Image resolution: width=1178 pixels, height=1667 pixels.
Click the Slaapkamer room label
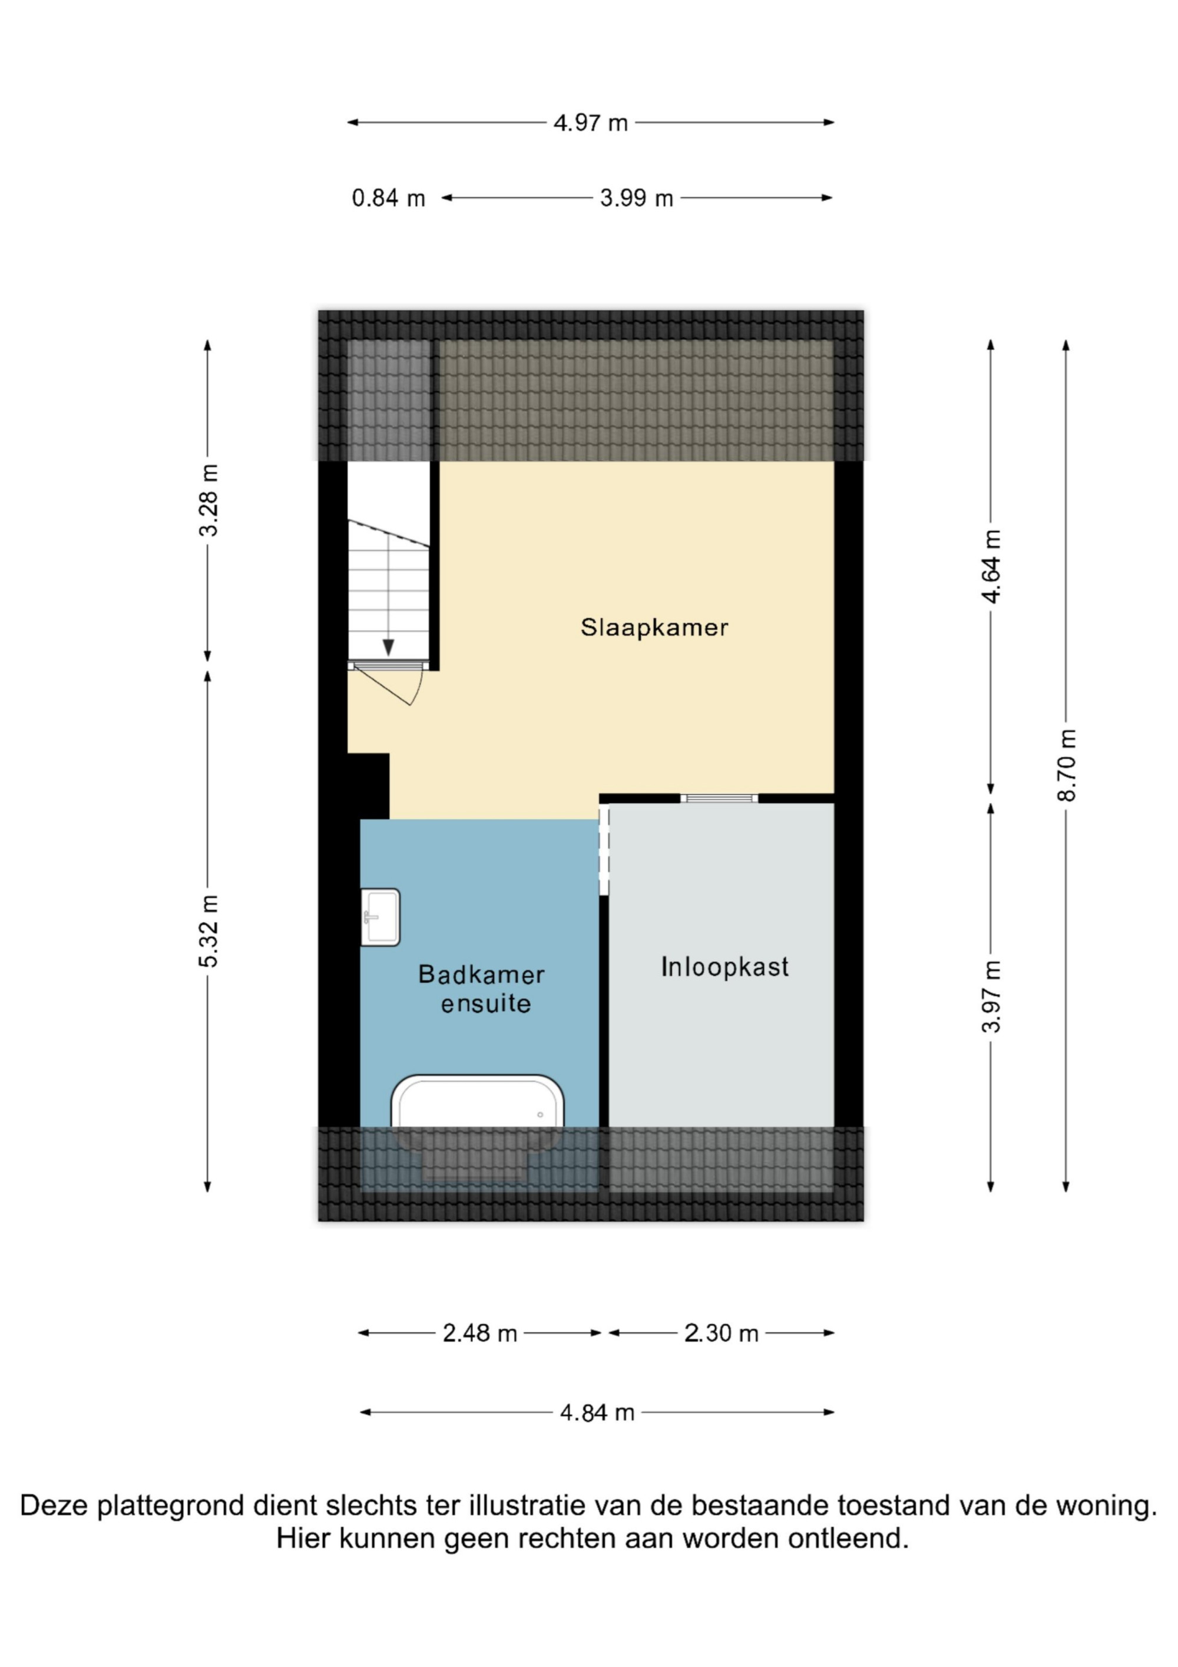tap(654, 628)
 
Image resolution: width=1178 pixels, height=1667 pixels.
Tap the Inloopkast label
tap(724, 967)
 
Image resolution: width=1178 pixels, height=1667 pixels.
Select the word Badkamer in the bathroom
tap(481, 975)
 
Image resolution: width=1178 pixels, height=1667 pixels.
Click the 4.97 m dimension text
tap(590, 123)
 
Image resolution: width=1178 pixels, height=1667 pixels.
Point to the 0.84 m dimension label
tap(388, 198)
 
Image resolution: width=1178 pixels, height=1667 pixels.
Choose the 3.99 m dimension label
tap(637, 198)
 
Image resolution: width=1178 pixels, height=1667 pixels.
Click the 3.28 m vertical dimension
tap(209, 500)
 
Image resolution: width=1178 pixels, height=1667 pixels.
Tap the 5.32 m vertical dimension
tap(209, 931)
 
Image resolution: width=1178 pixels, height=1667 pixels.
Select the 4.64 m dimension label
tap(991, 566)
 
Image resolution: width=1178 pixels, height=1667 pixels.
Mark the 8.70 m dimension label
tap(1066, 765)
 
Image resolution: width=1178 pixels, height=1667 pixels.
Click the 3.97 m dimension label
tap(991, 996)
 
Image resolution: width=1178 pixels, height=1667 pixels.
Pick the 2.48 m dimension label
tap(480, 1333)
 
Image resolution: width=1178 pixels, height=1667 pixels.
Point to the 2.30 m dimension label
tap(721, 1333)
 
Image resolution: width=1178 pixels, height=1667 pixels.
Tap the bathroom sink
tap(380, 917)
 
